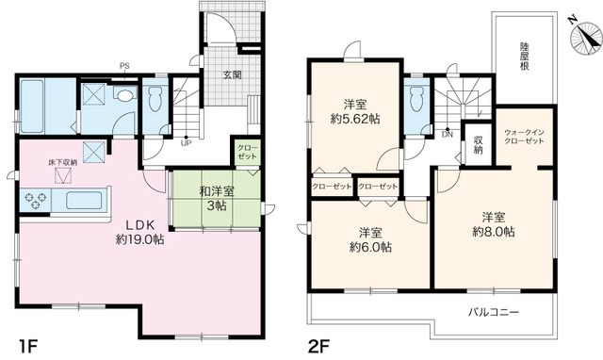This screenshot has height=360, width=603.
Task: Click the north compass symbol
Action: click(x=586, y=36)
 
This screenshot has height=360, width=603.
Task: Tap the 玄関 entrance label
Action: click(x=233, y=75)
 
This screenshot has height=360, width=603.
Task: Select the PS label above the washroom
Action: click(x=124, y=66)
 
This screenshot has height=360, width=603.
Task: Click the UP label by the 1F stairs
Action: click(x=186, y=143)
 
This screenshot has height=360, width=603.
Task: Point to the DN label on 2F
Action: click(x=448, y=135)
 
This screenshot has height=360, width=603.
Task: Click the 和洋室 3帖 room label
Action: click(x=217, y=198)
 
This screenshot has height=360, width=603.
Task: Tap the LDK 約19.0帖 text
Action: click(x=140, y=232)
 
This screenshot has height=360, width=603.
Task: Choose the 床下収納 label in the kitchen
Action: click(x=63, y=162)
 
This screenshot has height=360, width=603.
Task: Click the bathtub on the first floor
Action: click(x=33, y=106)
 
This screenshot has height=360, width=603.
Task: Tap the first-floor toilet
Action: click(x=155, y=98)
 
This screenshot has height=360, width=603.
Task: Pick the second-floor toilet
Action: click(x=416, y=98)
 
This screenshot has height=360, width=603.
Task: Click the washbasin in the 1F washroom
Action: click(x=123, y=95)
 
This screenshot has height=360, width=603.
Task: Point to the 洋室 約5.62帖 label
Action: click(x=355, y=111)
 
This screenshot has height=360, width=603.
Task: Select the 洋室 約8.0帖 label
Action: click(x=494, y=224)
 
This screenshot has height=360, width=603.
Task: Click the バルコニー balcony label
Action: click(x=494, y=312)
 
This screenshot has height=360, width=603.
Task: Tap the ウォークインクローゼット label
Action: click(x=525, y=137)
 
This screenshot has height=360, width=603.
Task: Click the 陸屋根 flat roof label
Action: click(x=525, y=57)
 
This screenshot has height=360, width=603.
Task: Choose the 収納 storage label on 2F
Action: click(x=478, y=144)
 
